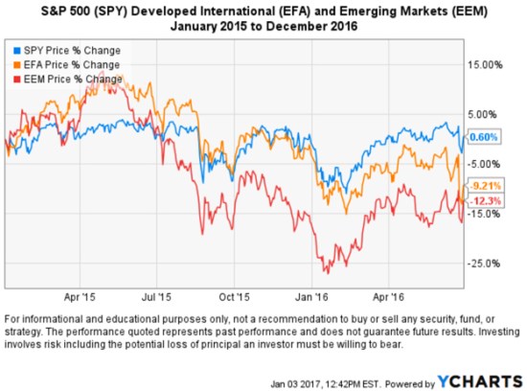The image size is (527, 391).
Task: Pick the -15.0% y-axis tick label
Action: click(x=487, y=214)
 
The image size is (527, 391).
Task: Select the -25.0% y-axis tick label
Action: click(x=487, y=264)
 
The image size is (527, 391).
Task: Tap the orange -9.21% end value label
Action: click(x=485, y=185)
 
